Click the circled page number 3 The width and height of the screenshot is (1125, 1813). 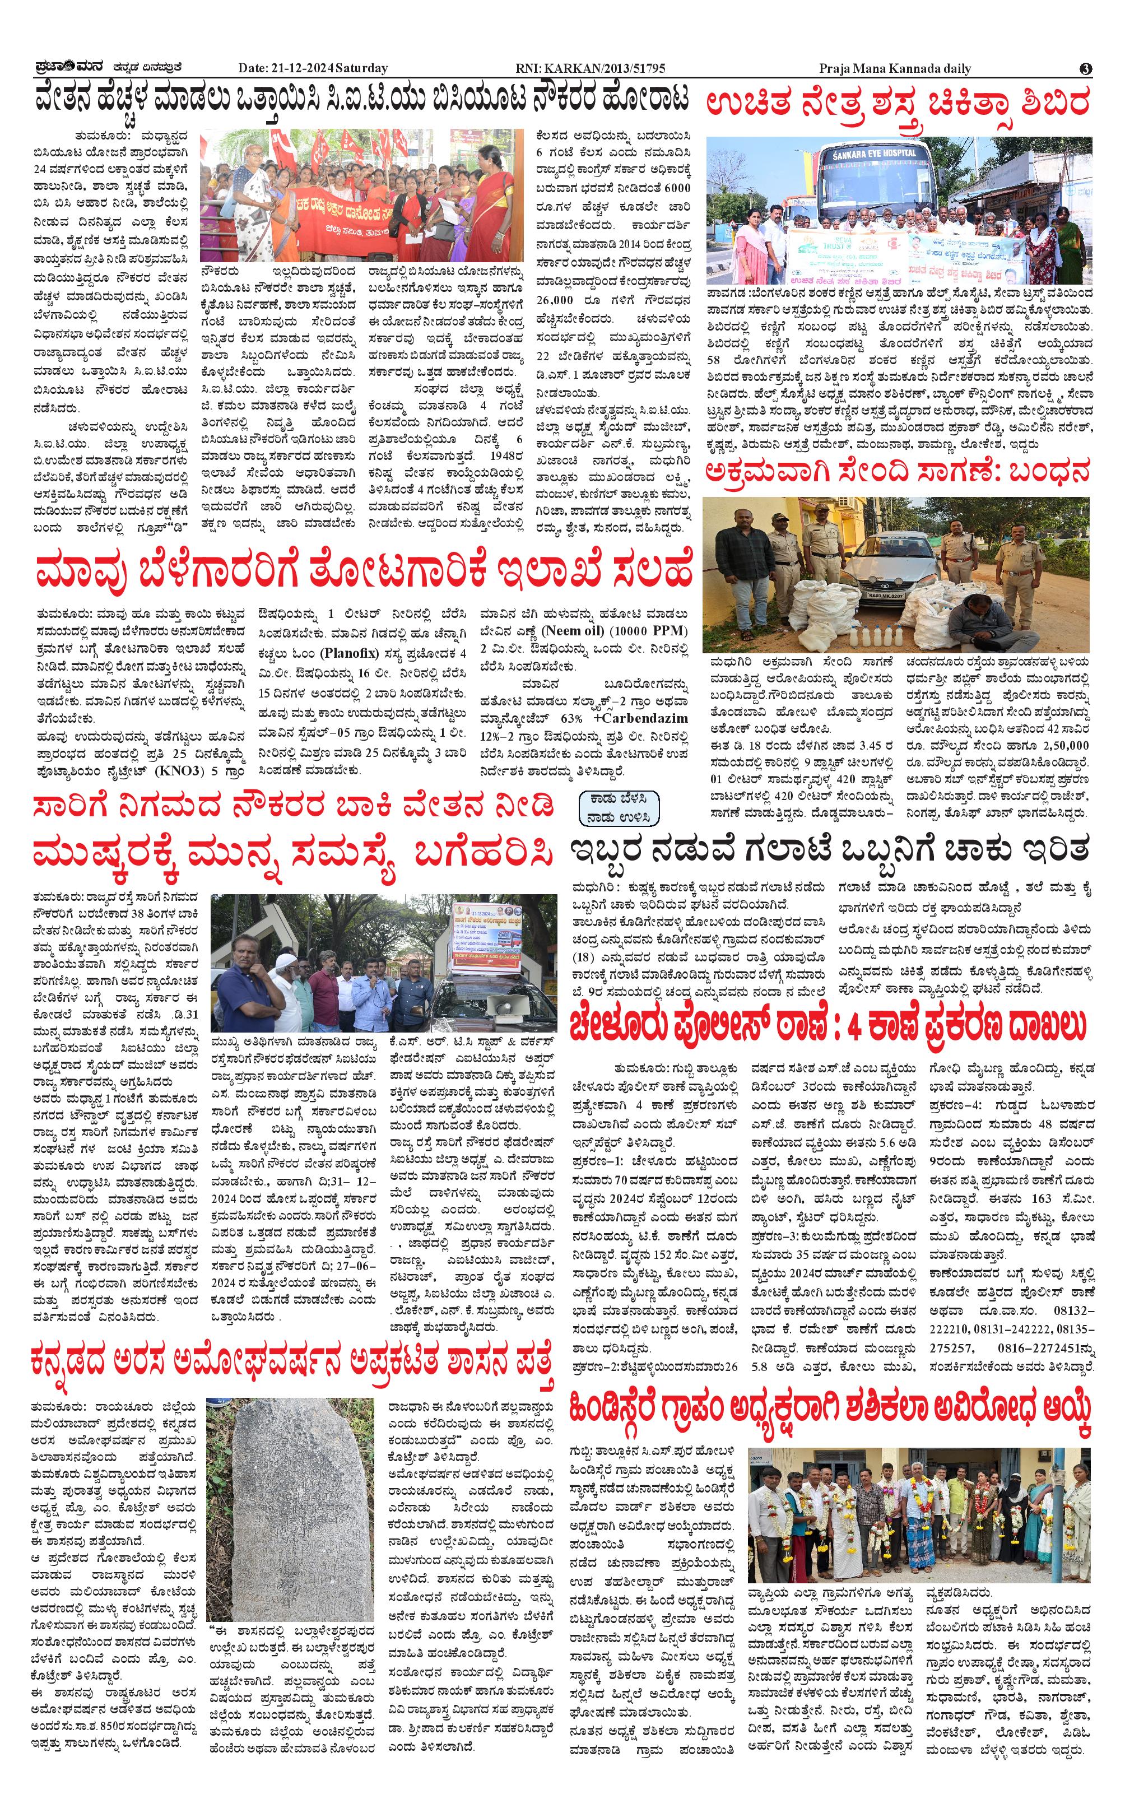pyautogui.click(x=1086, y=68)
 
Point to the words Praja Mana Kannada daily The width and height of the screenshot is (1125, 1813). pyautogui.click(x=895, y=68)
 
